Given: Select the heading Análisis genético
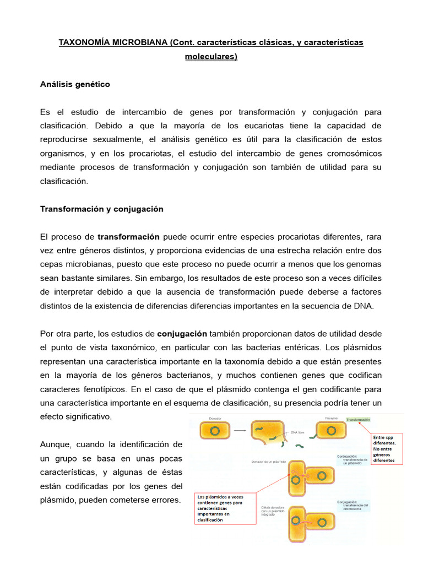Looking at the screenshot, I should click(x=75, y=84).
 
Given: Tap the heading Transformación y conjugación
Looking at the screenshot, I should click(x=101, y=209).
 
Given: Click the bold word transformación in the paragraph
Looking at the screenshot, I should click(x=128, y=237).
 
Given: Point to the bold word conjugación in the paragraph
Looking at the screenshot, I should click(x=182, y=334).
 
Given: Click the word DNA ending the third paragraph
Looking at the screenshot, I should click(x=364, y=306).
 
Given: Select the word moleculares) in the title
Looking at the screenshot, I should click(x=211, y=56).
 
